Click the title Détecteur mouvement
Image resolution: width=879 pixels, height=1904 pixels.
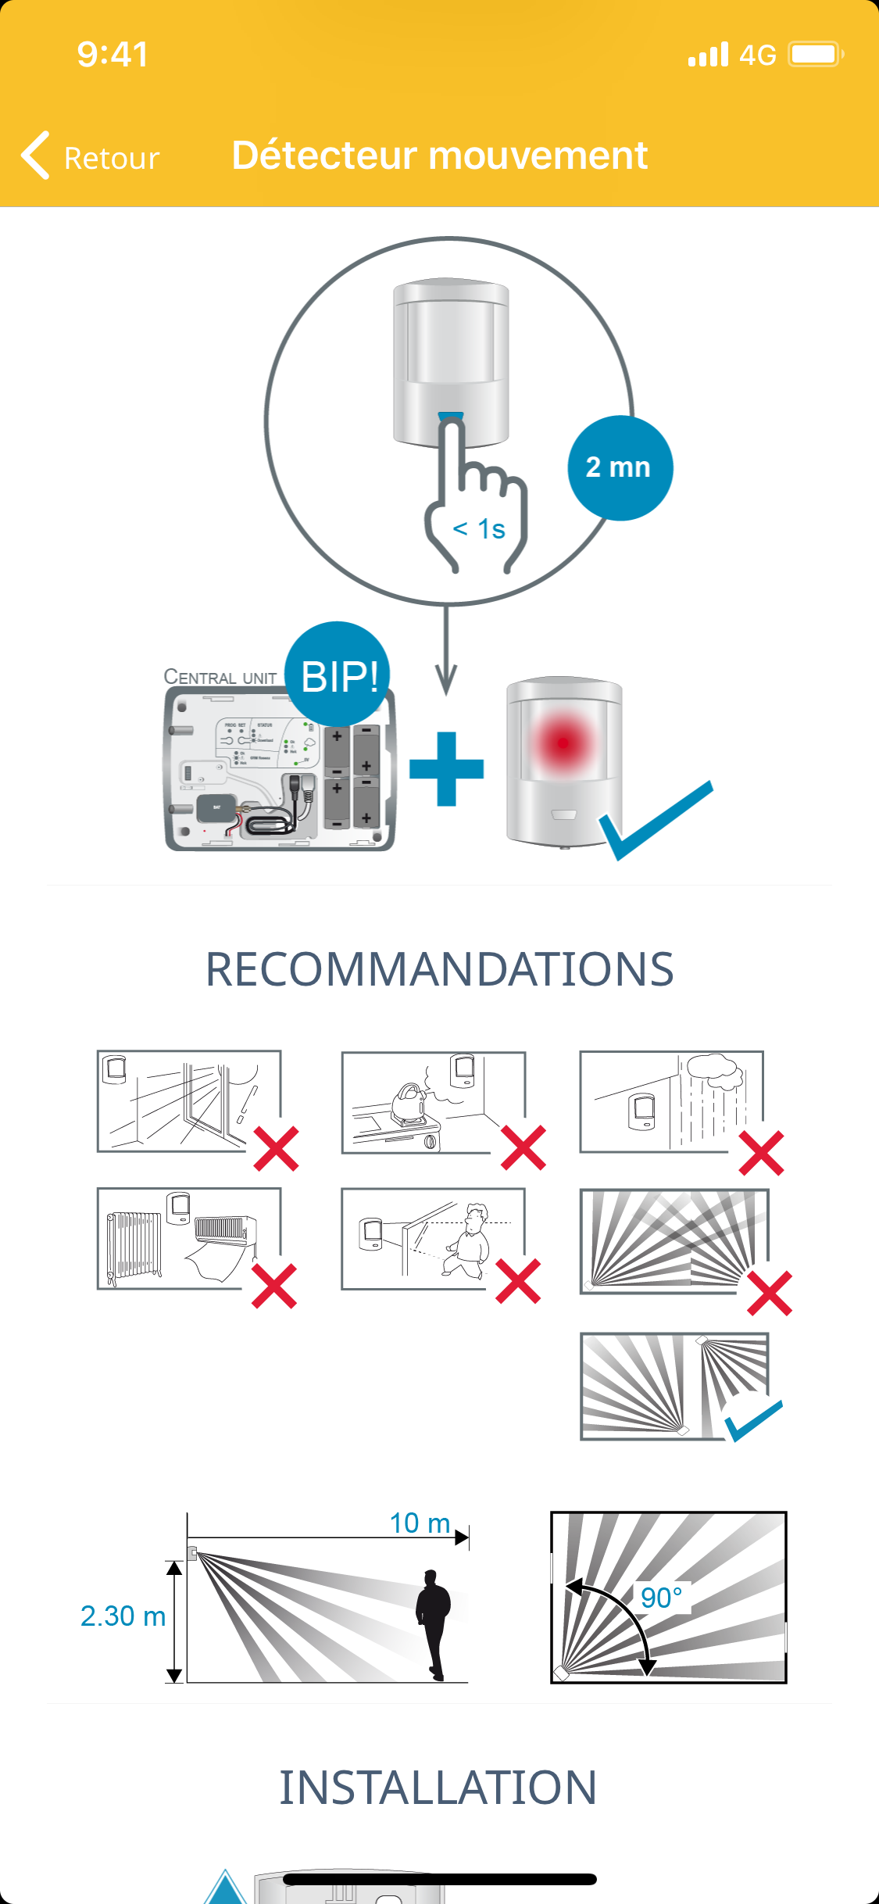click(439, 155)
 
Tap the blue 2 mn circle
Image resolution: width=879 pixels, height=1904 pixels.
click(619, 467)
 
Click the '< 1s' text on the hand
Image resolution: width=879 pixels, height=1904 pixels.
click(479, 529)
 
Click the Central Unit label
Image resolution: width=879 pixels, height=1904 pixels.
click(220, 677)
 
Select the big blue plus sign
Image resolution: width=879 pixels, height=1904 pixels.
click(446, 768)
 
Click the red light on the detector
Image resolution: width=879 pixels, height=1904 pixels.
click(563, 742)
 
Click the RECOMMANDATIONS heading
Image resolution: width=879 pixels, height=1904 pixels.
click(439, 969)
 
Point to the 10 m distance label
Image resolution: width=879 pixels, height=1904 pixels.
click(420, 1523)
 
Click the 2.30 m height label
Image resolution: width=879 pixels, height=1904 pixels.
click(123, 1616)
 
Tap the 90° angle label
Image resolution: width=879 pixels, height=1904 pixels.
click(661, 1598)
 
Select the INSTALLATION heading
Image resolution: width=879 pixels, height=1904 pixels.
click(438, 1788)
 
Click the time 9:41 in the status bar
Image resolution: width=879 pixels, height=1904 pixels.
click(113, 55)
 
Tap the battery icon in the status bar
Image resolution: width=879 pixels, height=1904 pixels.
click(815, 55)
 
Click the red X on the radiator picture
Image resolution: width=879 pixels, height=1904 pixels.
click(274, 1286)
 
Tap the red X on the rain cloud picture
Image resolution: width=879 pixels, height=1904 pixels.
click(761, 1153)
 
